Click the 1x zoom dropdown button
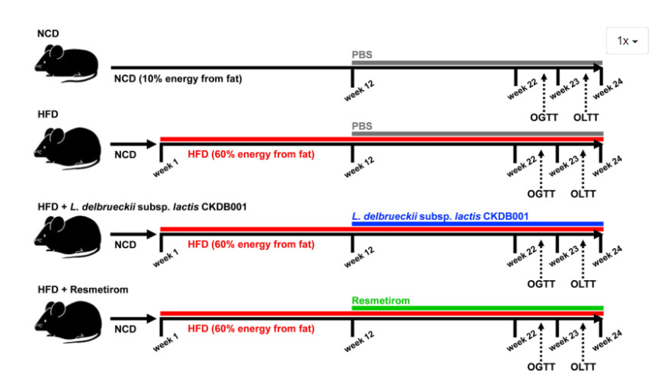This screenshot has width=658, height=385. coord(627,41)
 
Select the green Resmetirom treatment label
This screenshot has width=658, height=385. coord(381,300)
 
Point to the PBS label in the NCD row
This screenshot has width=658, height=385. coord(362,55)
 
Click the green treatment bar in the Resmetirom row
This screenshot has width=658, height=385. coord(477,308)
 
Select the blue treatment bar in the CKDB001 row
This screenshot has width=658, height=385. coord(477,223)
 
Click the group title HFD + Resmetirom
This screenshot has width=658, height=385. coord(84,290)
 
